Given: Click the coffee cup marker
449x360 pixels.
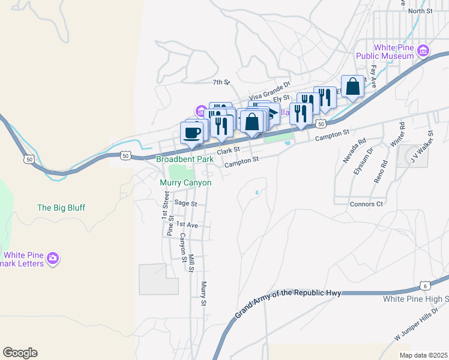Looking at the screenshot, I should [192, 133].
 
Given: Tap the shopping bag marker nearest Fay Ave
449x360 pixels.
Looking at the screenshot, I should [352, 86].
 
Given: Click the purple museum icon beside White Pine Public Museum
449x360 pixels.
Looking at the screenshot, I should [424, 51].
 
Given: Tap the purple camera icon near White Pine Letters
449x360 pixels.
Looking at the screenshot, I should [53, 258].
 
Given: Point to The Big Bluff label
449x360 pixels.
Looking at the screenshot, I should [61, 208].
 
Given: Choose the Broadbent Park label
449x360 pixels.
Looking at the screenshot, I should [185, 159].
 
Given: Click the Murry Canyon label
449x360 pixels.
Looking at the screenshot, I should [185, 182].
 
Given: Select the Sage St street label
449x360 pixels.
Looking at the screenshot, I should [185, 203].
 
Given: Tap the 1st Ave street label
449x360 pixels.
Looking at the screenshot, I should [187, 224].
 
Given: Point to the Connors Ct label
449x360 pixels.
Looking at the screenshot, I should [366, 204].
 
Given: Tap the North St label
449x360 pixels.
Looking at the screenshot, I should [420, 11].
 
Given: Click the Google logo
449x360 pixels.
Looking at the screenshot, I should [20, 353].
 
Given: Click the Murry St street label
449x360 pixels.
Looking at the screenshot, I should [204, 294].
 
